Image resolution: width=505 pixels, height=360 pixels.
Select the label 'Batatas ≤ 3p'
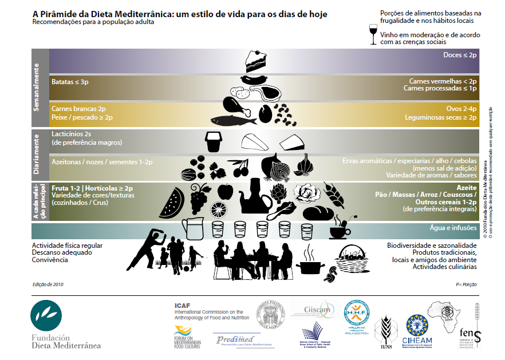coord(70,82)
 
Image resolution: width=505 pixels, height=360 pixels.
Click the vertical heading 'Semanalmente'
coord(40,88)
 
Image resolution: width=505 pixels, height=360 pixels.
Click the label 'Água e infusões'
coord(453,228)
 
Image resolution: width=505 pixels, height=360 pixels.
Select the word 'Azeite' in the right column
coord(467,187)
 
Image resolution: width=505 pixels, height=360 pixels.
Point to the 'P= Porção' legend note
coord(466,284)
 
